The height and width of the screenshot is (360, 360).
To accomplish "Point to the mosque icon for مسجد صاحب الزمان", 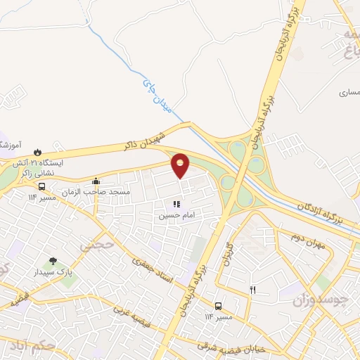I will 96,181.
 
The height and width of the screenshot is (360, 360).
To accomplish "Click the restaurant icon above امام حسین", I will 175,204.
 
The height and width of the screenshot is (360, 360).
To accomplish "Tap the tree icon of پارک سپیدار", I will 53,262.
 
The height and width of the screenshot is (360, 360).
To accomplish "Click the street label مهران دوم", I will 307,237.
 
